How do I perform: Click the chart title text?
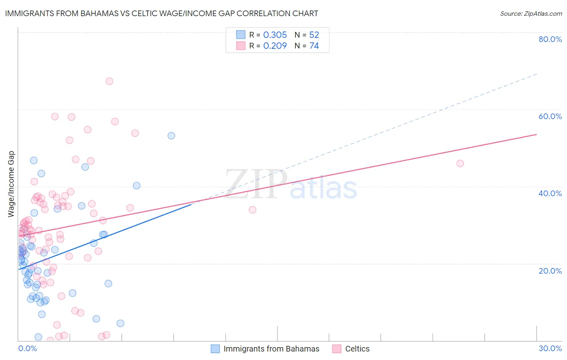click(161, 13)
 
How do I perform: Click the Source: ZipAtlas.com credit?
click(531, 14)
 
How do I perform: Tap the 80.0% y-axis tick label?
click(550, 39)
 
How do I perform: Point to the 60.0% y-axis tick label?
click(550, 116)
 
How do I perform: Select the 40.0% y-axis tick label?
click(550, 193)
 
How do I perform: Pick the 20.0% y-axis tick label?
click(550, 270)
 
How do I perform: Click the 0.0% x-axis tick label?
click(27, 348)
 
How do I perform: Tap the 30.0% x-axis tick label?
click(550, 348)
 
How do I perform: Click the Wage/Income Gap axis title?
click(11, 184)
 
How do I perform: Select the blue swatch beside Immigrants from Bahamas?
click(215, 349)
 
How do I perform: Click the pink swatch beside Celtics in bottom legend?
click(337, 349)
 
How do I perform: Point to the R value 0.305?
click(275, 35)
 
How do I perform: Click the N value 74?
click(314, 46)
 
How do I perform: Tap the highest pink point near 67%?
click(109, 81)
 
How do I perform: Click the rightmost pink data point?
click(460, 163)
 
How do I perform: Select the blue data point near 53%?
click(171, 136)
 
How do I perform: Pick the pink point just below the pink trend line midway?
click(252, 210)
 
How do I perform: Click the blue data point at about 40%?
click(137, 186)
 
